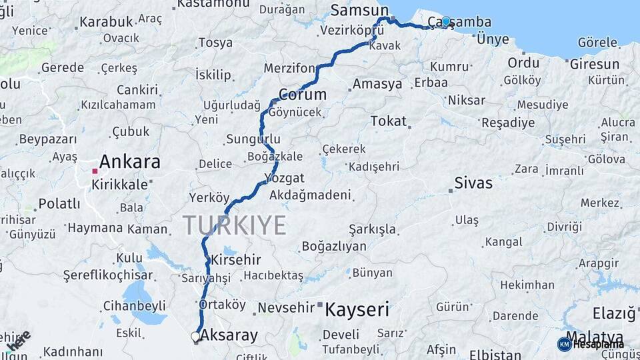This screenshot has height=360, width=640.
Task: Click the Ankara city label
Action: coord(130,162)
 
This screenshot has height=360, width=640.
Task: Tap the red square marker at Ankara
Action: coord(95,171)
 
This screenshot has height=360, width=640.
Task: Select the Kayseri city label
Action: coord(357,309)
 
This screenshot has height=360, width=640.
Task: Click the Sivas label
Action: coord(473,183)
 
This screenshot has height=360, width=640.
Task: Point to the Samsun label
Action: coord(359,10)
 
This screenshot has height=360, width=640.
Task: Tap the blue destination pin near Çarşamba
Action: coord(446,22)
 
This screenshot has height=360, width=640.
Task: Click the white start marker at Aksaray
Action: coord(195,337)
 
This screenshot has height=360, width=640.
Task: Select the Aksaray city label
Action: coord(229,336)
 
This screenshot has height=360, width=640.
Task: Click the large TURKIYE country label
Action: coord(235,225)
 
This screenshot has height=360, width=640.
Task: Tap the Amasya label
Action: coord(377,84)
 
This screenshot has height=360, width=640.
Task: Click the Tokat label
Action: coord(388,121)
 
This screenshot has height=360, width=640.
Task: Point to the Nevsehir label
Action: coord(285,307)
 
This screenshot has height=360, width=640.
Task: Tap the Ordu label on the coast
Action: coord(523,63)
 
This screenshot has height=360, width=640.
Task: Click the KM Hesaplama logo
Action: coord(591,344)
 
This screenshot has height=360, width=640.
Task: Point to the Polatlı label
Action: coord(59,203)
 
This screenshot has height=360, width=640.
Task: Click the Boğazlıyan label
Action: coord(334,246)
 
